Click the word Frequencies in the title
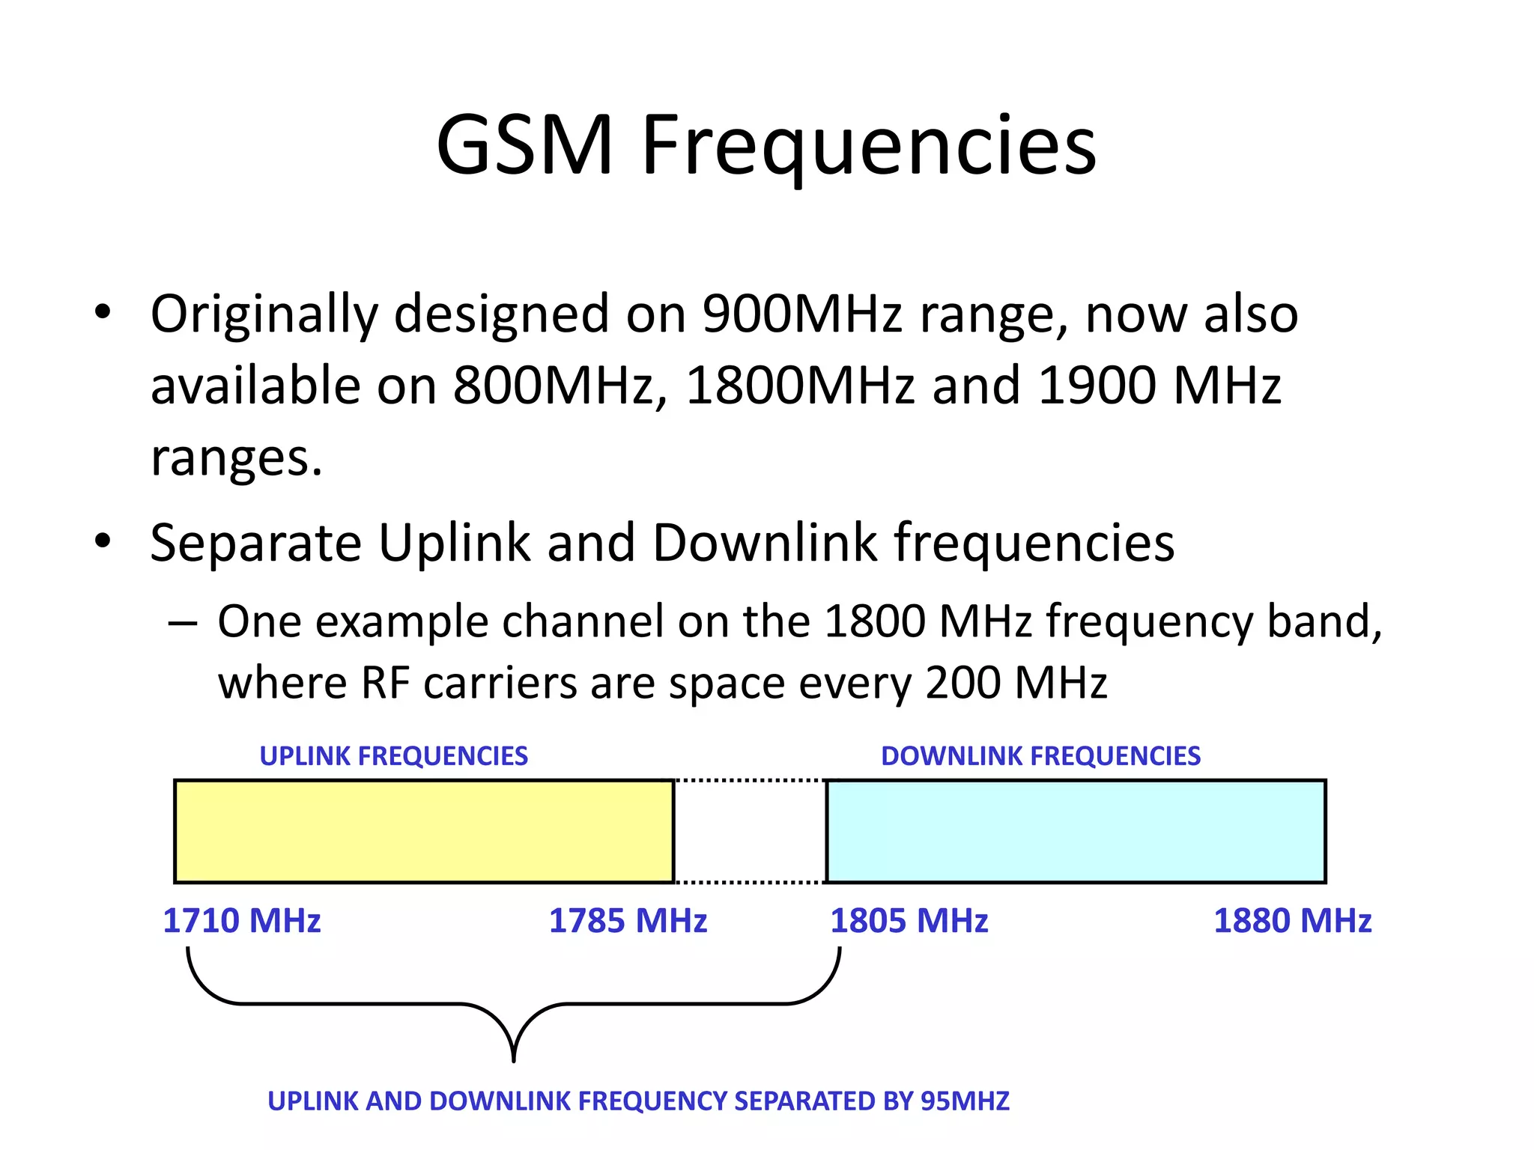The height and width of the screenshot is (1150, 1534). (869, 146)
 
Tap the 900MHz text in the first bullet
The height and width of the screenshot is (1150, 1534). (802, 314)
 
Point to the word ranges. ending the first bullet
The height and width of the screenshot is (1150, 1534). (236, 458)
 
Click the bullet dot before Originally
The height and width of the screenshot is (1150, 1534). (103, 312)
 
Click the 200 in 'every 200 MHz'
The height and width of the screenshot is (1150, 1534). (963, 683)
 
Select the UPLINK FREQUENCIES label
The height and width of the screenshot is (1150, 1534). (393, 756)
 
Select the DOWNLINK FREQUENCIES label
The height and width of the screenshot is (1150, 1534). (1040, 756)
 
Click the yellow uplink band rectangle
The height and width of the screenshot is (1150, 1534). (424, 831)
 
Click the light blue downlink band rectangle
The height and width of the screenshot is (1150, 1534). (1076, 831)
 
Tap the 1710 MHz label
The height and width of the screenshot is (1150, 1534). (241, 921)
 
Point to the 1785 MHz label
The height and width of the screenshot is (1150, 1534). (628, 921)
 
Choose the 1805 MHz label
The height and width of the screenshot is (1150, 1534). (909, 921)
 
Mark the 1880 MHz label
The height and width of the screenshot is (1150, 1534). (1292, 921)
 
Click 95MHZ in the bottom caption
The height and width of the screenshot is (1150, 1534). (965, 1101)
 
